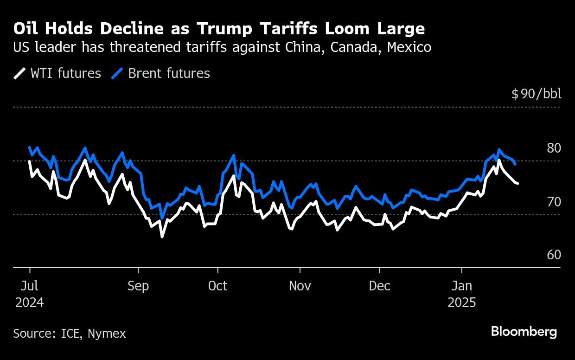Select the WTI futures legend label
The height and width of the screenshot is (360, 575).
pyautogui.click(x=65, y=73)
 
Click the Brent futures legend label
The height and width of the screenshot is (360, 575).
pyautogui.click(x=169, y=73)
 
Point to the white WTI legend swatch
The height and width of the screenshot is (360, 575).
pyautogui.click(x=20, y=73)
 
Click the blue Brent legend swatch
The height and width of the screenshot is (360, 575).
pyautogui.click(x=118, y=73)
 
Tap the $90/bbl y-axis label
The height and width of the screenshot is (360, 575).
pyautogui.click(x=536, y=94)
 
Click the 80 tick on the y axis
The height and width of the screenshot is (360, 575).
pyautogui.click(x=554, y=148)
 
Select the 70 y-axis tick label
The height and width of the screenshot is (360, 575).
pyautogui.click(x=554, y=202)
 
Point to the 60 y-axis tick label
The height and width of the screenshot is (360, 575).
pyautogui.click(x=554, y=255)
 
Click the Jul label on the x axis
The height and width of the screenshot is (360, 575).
pyautogui.click(x=30, y=286)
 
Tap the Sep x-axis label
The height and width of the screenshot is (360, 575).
pyautogui.click(x=138, y=286)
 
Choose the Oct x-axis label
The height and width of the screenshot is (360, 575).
pyautogui.click(x=217, y=286)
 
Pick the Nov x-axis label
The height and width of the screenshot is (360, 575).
pyautogui.click(x=300, y=286)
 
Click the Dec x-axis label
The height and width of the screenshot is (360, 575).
pyautogui.click(x=380, y=286)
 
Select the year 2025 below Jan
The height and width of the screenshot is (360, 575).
pyautogui.click(x=462, y=303)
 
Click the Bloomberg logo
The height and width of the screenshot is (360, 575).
pyautogui.click(x=524, y=332)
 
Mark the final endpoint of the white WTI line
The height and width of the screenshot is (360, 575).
pyautogui.click(x=517, y=184)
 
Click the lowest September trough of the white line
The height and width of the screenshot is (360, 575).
pyautogui.click(x=162, y=237)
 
